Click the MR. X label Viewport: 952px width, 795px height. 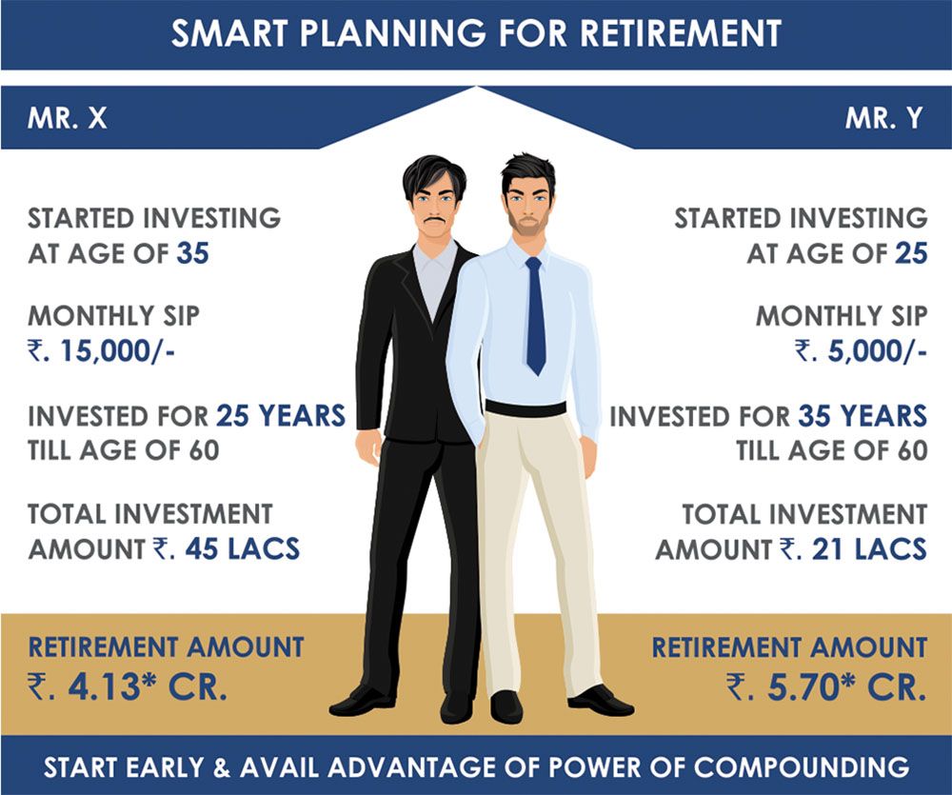pos(68,118)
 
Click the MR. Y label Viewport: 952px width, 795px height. pos(884,118)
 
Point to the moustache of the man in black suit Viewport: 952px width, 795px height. pos(436,220)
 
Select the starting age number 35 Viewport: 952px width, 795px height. pos(193,253)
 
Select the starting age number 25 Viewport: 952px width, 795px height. pos(911,253)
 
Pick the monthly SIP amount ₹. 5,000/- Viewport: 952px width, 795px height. pos(861,352)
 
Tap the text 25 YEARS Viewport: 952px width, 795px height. pos(281,416)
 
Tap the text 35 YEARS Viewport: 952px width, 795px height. pos(863,416)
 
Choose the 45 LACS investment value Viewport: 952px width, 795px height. pos(242,549)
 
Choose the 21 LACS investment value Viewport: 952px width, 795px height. pos(869,549)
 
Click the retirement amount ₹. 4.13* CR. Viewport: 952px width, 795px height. pos(128,686)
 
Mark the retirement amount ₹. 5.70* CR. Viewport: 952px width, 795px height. pos(826,686)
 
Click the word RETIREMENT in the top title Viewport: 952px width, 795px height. pos(681,33)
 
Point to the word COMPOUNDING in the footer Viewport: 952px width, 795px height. pos(802,767)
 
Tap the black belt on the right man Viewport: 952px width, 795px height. pos(526,408)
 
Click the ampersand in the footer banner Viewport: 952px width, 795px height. pos(222,767)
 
